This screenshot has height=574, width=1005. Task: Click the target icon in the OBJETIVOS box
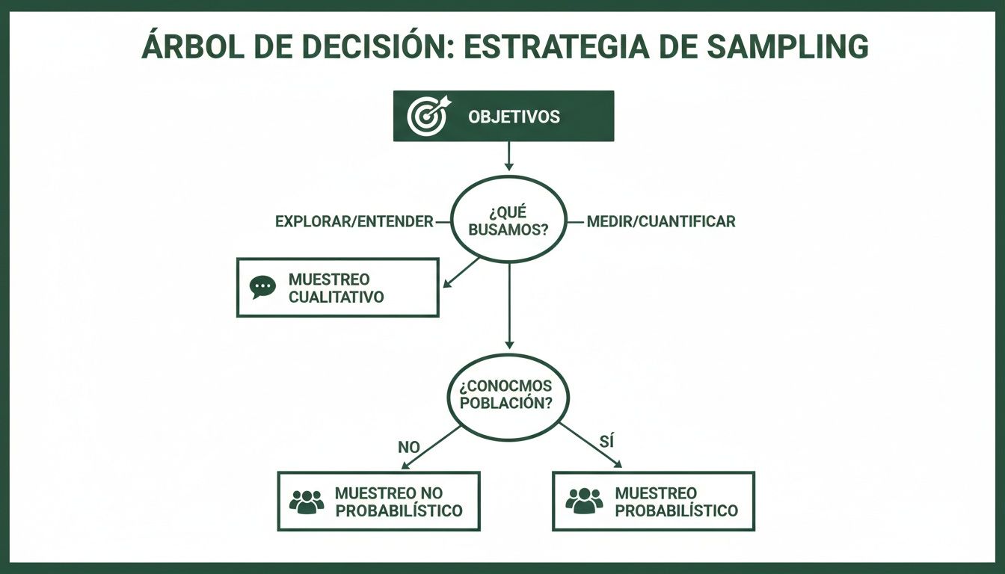426,116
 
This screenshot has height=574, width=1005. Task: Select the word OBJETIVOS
513,117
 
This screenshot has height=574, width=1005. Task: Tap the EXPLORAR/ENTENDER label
354,222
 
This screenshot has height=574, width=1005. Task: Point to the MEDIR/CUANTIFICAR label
661,222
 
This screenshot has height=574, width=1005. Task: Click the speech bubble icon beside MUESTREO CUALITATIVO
262,288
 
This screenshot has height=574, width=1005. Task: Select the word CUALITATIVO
336,297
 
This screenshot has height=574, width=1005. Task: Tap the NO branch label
408,447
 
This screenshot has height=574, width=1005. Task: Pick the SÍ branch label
606,442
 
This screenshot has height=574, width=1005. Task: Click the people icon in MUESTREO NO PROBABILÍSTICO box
306,502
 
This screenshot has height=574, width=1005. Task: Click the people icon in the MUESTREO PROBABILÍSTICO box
584,501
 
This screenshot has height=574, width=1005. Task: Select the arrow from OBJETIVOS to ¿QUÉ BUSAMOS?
508,155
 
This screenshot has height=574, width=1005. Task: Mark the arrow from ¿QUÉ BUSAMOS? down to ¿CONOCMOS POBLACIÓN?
509,306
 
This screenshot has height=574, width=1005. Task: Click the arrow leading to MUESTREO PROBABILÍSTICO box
591,446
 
